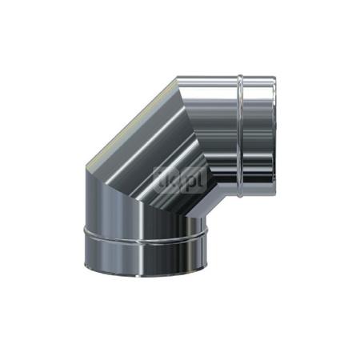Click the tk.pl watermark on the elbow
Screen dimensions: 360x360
[179, 178]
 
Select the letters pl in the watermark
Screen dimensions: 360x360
[193, 178]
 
